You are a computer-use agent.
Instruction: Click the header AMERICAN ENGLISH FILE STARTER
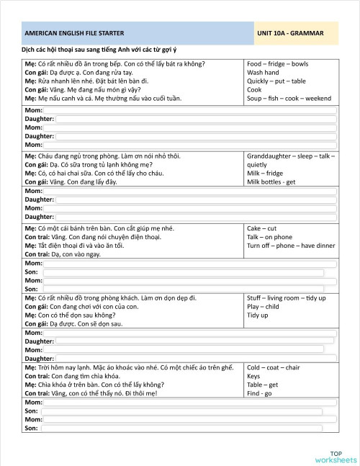(x=73, y=34)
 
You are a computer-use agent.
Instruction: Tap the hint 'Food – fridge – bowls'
(x=277, y=64)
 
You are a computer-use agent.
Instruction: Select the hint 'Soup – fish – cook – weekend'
(x=289, y=98)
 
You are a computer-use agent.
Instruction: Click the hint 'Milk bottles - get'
(x=271, y=182)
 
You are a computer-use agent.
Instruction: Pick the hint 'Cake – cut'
(x=262, y=228)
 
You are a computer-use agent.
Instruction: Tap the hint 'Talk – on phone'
(x=269, y=237)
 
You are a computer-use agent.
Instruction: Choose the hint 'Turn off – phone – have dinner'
(x=290, y=246)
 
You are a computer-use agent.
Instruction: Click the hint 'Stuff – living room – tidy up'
(x=286, y=298)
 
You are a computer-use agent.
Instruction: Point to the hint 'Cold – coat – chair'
(x=273, y=367)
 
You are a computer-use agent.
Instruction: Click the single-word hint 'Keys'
(x=253, y=376)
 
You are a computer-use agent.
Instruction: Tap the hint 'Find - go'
(x=259, y=393)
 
